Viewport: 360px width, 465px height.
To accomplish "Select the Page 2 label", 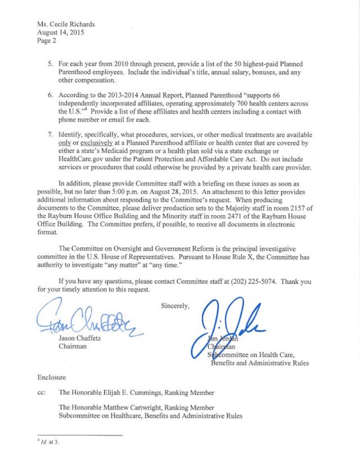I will click(47, 41).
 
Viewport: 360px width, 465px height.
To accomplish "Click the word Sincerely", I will click(175, 306).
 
